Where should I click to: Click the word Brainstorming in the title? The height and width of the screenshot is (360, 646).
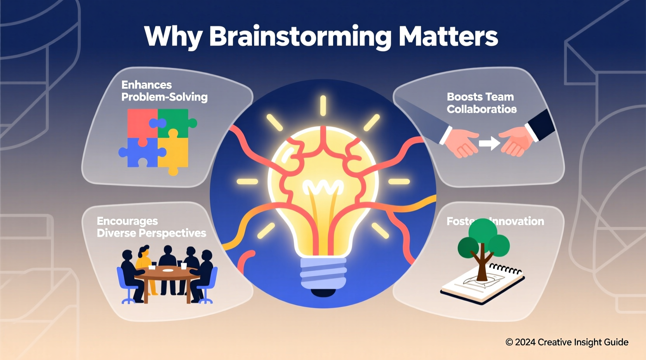pos(300,37)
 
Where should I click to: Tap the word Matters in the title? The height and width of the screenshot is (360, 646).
pos(448,37)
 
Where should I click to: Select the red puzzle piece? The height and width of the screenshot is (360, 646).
pos(141,122)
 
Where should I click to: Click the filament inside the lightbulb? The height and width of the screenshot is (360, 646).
pos(323,189)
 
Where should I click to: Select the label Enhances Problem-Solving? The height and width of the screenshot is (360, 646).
pos(164,91)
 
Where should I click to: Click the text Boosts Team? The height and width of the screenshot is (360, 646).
pos(480,97)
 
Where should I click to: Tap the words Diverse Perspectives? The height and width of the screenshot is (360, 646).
pos(151,233)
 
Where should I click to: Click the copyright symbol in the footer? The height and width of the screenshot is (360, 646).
pos(509,342)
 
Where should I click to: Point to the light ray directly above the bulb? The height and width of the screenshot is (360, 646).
pos(323,106)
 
